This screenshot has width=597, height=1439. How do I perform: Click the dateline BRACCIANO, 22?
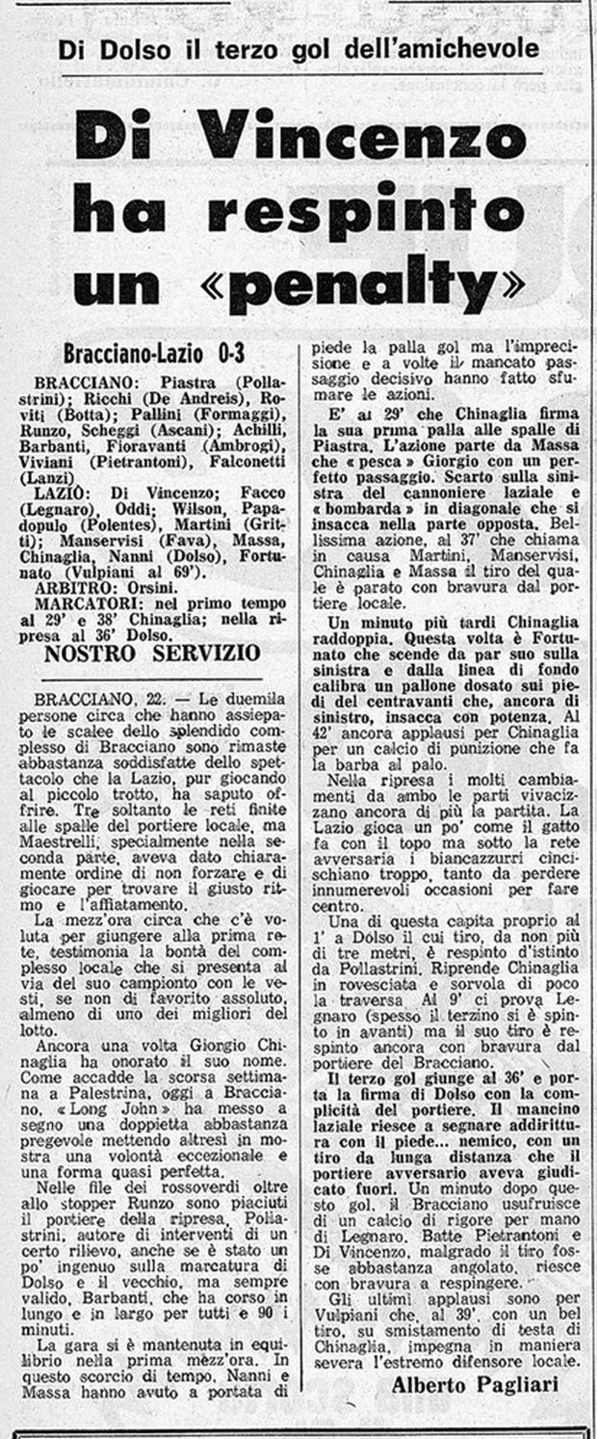pyautogui.click(x=107, y=696)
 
